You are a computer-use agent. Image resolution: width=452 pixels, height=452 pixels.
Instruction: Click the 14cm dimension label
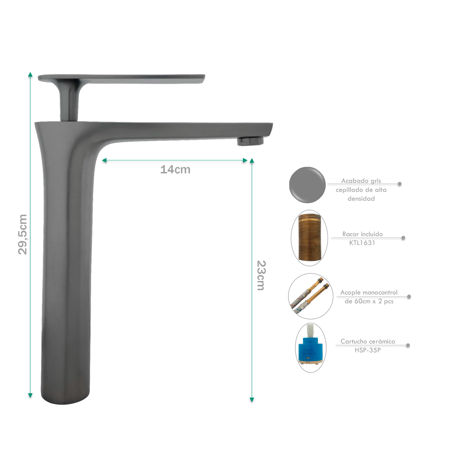pos(175,169)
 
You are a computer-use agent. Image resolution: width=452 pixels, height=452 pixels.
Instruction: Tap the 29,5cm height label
pos(23,234)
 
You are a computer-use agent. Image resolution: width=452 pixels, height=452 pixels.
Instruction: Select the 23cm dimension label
pos(261,275)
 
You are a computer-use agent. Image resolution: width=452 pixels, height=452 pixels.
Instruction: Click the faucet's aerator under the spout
pos(250,141)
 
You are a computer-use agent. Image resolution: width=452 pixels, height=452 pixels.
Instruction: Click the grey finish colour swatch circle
pos(307,185)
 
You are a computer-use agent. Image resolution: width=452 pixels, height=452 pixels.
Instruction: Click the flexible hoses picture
pos(310,296)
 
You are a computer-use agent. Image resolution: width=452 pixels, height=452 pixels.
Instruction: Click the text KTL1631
pos(362,243)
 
